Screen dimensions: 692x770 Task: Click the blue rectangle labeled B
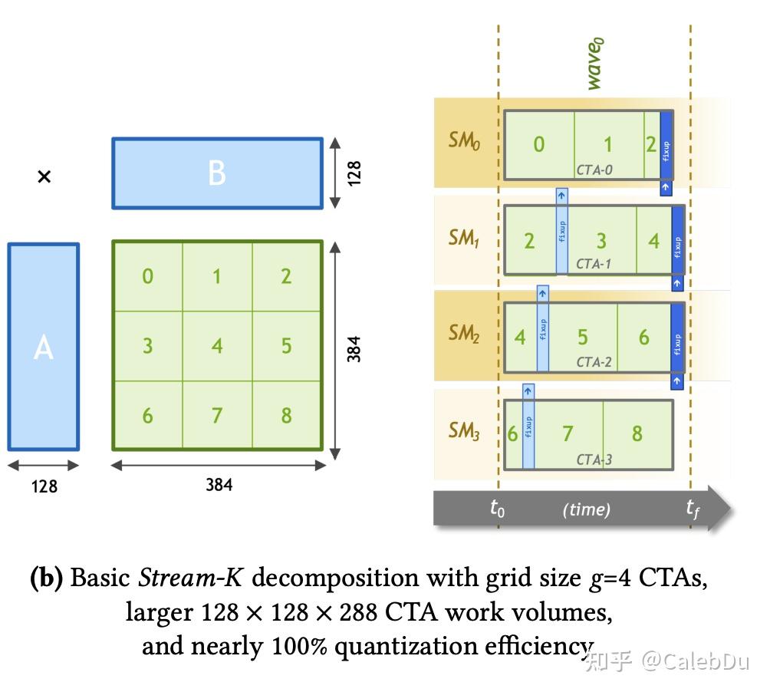pyautogui.click(x=217, y=173)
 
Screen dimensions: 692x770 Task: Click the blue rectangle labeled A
pyautogui.click(x=44, y=347)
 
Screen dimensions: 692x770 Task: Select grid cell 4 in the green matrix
pyautogui.click(x=217, y=345)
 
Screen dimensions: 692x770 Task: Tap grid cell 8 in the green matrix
pyautogui.click(x=286, y=415)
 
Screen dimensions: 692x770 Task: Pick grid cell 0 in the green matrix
pyautogui.click(x=147, y=276)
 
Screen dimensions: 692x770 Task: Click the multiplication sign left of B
pyautogui.click(x=44, y=177)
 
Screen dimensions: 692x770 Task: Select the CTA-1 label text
pyautogui.click(x=594, y=265)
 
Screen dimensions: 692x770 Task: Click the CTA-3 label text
pyautogui.click(x=594, y=460)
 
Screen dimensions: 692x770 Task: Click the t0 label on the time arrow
pyautogui.click(x=498, y=508)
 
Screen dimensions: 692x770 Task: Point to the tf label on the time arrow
pyautogui.click(x=693, y=508)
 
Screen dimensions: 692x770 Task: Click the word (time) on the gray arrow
pyautogui.click(x=586, y=509)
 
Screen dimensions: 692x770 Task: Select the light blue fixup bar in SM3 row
pyautogui.click(x=528, y=427)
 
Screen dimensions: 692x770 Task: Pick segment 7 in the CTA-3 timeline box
pyautogui.click(x=568, y=433)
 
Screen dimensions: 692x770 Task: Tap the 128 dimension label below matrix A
pyautogui.click(x=44, y=486)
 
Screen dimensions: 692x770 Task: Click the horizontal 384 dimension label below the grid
pyautogui.click(x=219, y=485)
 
